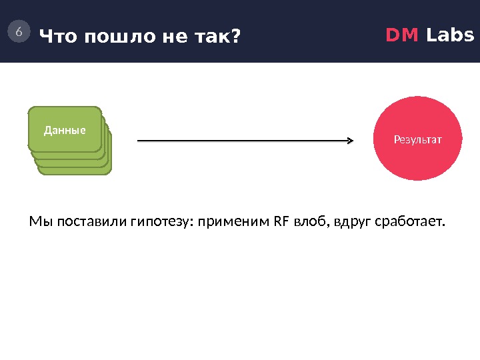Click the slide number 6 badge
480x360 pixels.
19,31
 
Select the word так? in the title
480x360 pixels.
215,37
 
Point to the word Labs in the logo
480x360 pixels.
450,35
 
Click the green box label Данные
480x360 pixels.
65,130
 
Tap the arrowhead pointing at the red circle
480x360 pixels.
350,141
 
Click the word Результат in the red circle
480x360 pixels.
418,140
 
